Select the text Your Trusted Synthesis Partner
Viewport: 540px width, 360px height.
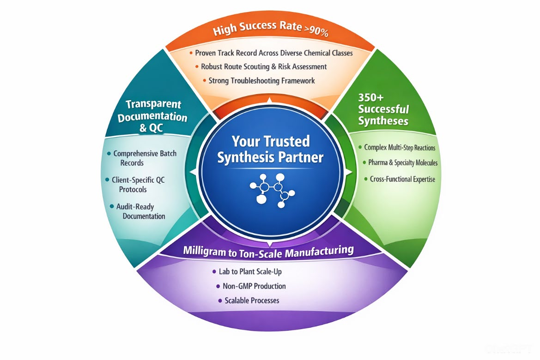[x=270, y=149]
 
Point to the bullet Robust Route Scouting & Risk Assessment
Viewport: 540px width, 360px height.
[x=264, y=66]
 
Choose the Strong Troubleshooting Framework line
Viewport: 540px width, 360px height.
[x=261, y=80]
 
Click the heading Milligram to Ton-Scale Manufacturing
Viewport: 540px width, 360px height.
[x=268, y=251]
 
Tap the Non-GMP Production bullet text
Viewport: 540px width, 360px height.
[x=254, y=286]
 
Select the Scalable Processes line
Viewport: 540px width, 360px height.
[x=252, y=300]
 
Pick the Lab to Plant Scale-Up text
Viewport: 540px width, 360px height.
[x=250, y=272]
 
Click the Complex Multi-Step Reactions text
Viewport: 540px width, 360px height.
[x=400, y=148]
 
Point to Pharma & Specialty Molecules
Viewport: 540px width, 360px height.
[x=403, y=162]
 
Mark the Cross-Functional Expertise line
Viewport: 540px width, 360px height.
[x=402, y=179]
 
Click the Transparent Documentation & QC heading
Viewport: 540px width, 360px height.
[x=152, y=116]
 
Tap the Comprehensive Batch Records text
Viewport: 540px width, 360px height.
[x=145, y=158]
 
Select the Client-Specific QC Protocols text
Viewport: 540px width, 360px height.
[x=139, y=185]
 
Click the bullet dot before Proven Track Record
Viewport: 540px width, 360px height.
[x=191, y=53]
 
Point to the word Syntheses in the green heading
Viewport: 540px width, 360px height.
[x=383, y=121]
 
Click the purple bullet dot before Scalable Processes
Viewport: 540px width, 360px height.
[x=220, y=300]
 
